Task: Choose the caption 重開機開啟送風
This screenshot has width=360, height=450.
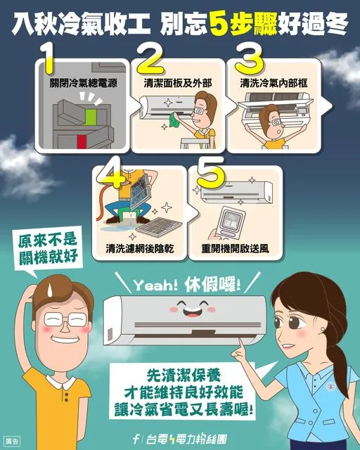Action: (x=236, y=250)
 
